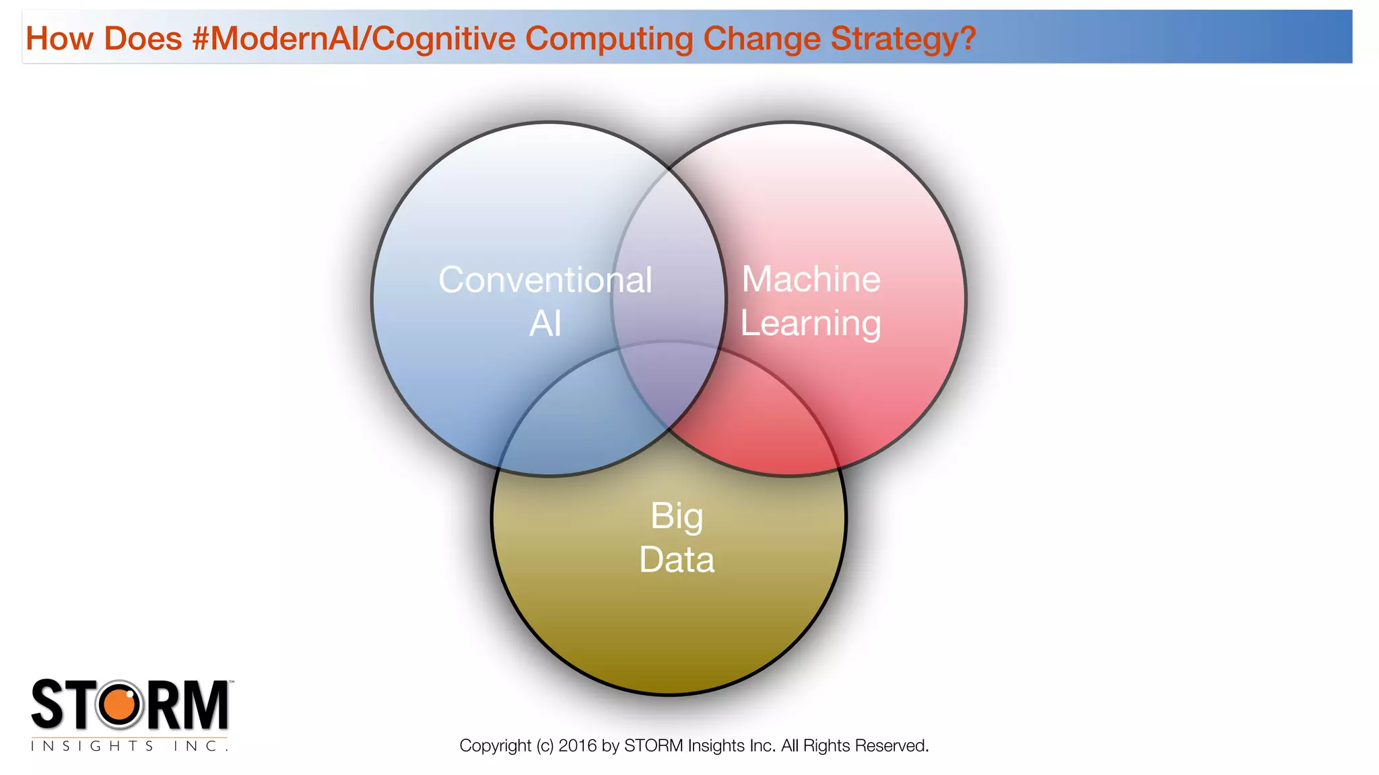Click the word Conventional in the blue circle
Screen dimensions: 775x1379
(545, 280)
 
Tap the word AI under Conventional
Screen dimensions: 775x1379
(545, 324)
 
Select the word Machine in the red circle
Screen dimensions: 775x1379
(811, 279)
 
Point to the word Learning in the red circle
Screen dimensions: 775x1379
(811, 324)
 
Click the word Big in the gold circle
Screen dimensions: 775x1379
(677, 517)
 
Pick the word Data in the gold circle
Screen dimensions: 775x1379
(677, 560)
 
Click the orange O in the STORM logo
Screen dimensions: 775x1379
(121, 704)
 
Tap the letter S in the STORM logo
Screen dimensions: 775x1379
(48, 704)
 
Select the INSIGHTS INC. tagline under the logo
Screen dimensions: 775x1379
(129, 746)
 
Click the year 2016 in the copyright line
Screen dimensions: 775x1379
(577, 745)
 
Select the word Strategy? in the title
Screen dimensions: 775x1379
(903, 38)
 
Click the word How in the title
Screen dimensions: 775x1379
(59, 38)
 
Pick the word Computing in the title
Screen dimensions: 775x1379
(609, 38)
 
